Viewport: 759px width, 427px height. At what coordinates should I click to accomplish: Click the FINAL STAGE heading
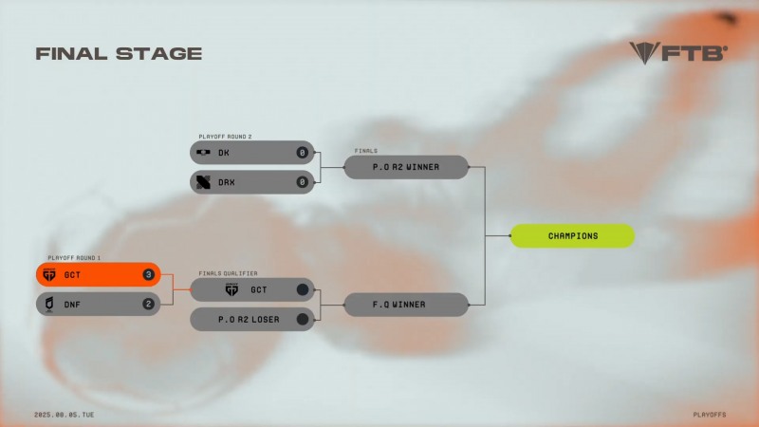tap(119, 54)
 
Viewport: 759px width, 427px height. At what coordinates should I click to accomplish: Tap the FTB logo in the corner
tap(677, 52)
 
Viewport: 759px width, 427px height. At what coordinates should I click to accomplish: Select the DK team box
tap(252, 152)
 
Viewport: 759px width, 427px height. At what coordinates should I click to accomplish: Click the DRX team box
tap(252, 181)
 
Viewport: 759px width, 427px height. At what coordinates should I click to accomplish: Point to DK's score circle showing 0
tap(303, 152)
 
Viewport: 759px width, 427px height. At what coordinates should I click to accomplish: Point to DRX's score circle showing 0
tap(303, 181)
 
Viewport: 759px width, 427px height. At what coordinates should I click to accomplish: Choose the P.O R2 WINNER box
tap(406, 167)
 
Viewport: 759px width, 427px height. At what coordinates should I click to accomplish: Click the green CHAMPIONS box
tap(572, 235)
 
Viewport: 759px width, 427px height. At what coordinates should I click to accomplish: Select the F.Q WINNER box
tap(406, 305)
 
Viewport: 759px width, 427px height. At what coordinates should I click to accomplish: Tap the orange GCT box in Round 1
tap(98, 275)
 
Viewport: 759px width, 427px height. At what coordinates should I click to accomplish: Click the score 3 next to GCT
tap(148, 275)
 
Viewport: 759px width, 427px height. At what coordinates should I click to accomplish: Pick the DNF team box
tap(98, 304)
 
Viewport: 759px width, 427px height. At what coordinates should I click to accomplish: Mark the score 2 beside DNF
tap(148, 304)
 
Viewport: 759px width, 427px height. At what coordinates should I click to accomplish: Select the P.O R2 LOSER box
tap(252, 319)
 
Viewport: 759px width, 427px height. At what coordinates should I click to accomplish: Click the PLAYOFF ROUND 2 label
tap(225, 137)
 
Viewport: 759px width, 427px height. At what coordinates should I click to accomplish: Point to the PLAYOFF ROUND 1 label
tap(73, 258)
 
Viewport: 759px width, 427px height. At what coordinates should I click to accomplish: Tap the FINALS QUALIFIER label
tap(228, 273)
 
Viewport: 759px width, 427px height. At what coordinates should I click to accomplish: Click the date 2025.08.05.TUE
tap(65, 415)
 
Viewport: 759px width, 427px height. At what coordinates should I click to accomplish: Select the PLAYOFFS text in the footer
tap(710, 415)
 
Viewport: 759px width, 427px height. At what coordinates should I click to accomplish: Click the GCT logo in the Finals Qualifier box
tap(231, 289)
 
